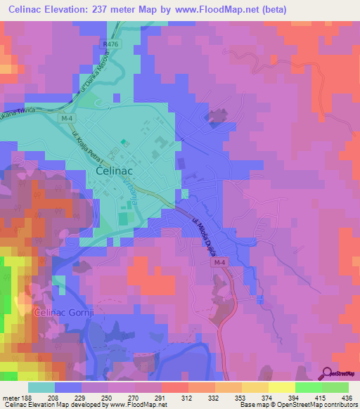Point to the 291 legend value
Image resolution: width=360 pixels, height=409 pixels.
coord(161,398)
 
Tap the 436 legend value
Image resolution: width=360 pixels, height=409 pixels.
coord(348,398)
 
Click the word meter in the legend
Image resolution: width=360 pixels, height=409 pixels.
coord(11,398)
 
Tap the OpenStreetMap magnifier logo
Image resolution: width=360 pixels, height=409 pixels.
coord(327,372)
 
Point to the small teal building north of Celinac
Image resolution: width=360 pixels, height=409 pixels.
coord(124,143)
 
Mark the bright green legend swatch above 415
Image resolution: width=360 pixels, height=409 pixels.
coord(308,387)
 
